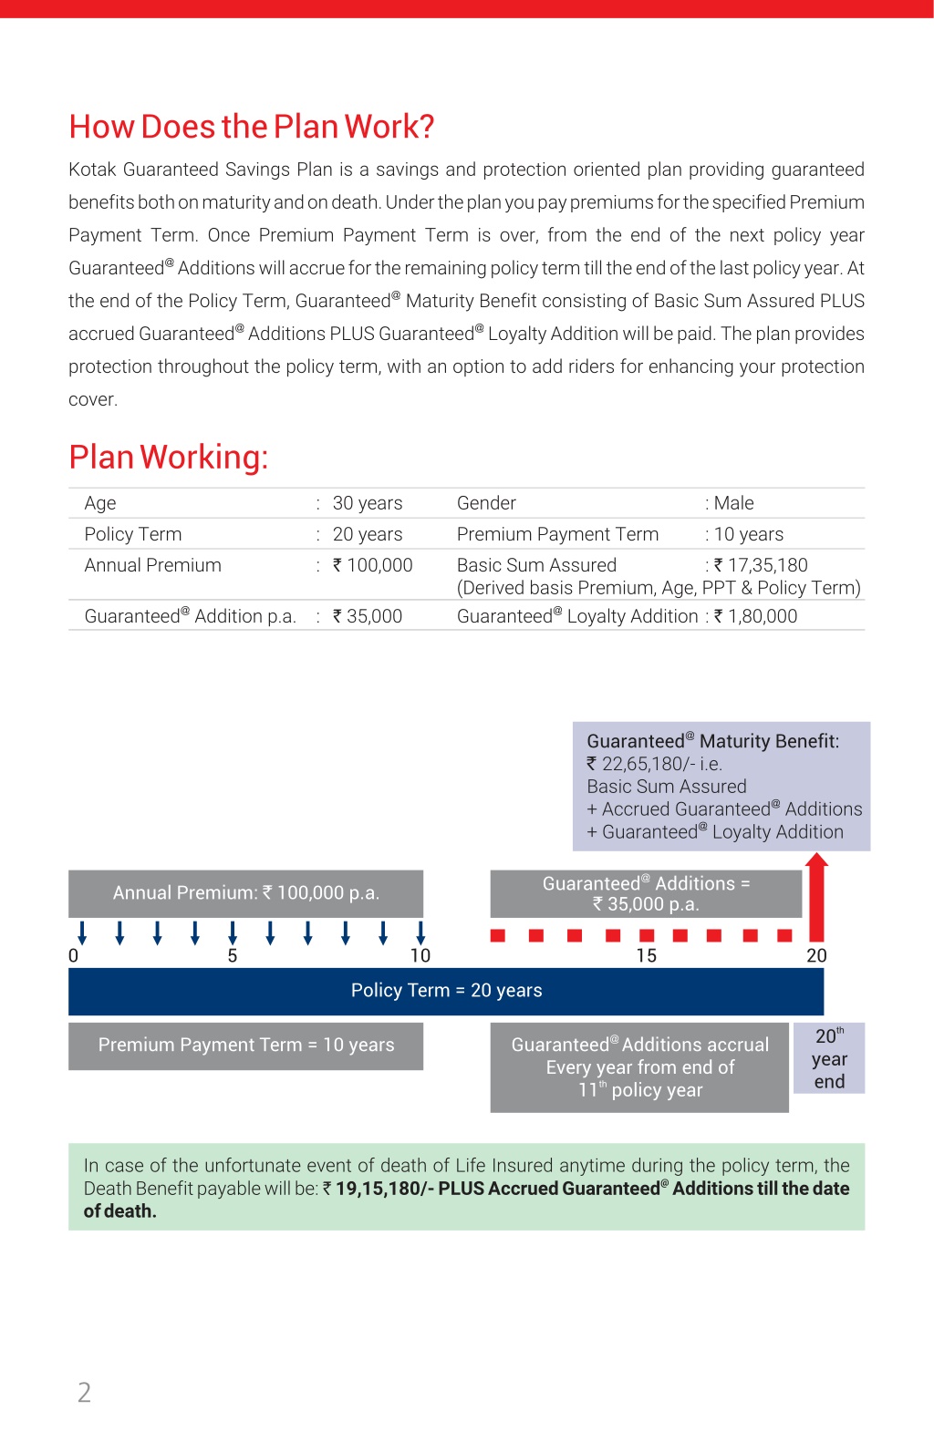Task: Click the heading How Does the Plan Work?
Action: [252, 127]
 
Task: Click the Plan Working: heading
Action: [169, 457]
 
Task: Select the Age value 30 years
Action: [368, 503]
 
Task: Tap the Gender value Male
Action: [733, 503]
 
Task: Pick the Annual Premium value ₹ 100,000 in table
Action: [372, 565]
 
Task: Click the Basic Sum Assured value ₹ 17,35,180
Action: [761, 565]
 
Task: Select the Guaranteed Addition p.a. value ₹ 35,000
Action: [367, 616]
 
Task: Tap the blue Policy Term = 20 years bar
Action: [446, 991]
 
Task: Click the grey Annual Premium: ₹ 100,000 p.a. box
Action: [245, 893]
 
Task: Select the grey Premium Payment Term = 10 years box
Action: [245, 1045]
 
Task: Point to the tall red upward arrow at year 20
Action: [816, 898]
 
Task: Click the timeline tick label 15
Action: [646, 955]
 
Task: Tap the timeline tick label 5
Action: [233, 955]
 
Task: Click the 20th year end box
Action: [829, 1058]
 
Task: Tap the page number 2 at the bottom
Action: [84, 1392]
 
